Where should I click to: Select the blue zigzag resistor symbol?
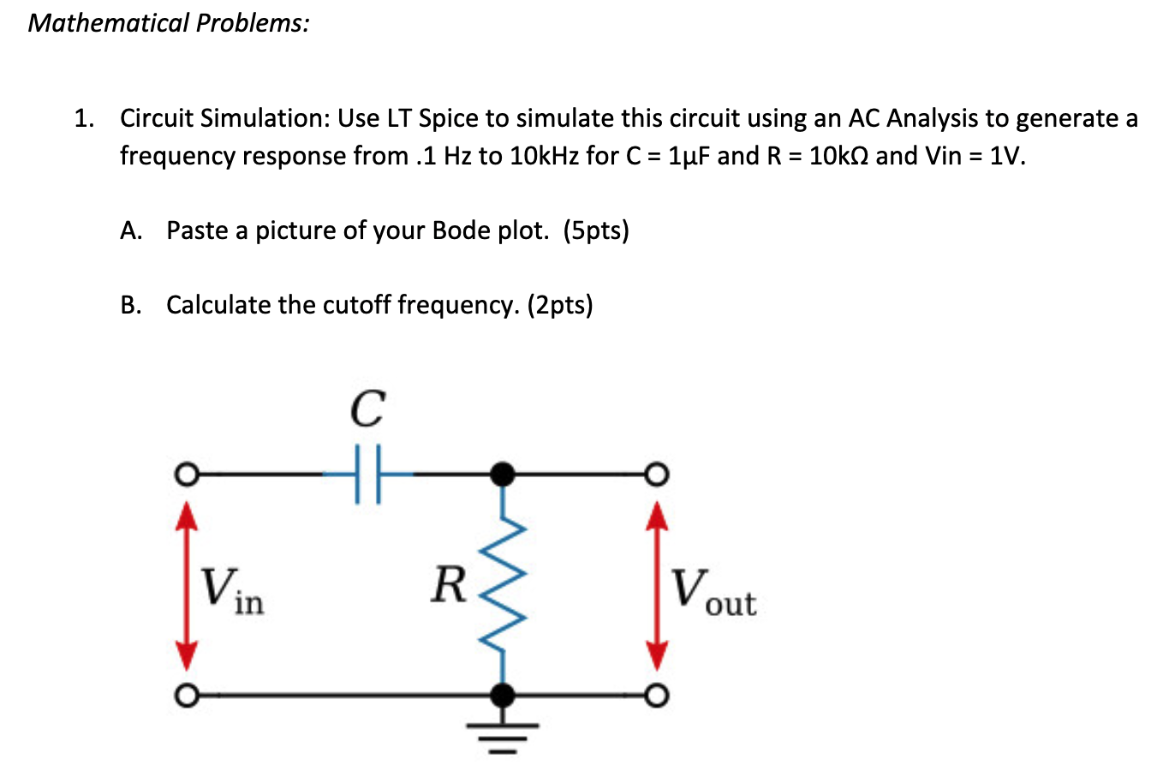tap(505, 583)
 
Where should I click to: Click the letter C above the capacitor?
tap(367, 409)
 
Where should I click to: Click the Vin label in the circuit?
tap(232, 591)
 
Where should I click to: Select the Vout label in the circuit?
tap(713, 591)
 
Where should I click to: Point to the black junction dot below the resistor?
tap(505, 693)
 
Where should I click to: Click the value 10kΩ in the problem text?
tap(838, 156)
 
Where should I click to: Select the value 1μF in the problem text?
tap(688, 156)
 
